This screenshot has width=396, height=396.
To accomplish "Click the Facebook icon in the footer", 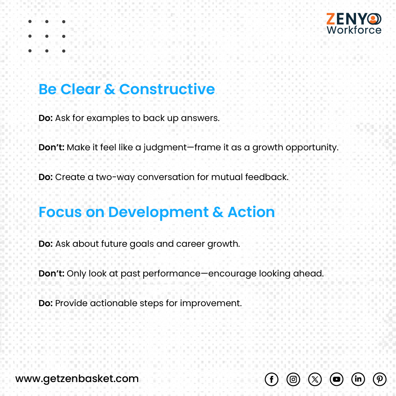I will [271, 379].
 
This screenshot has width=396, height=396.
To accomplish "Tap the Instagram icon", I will [293, 379].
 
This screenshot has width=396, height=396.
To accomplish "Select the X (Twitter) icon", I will [315, 379].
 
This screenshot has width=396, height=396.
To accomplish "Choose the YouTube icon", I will [336, 379].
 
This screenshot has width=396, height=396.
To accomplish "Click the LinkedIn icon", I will [358, 379].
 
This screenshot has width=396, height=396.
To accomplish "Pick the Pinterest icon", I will [379, 379].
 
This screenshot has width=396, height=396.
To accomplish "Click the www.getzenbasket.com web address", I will [77, 379].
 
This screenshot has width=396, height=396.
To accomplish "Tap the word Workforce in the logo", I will [354, 30].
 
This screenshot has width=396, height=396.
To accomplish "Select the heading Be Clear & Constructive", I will [126, 89].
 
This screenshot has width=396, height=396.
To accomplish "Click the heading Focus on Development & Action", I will [157, 212].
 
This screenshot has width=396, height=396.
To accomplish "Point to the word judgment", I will [167, 148].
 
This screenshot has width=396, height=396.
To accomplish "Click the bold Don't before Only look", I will [51, 274].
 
